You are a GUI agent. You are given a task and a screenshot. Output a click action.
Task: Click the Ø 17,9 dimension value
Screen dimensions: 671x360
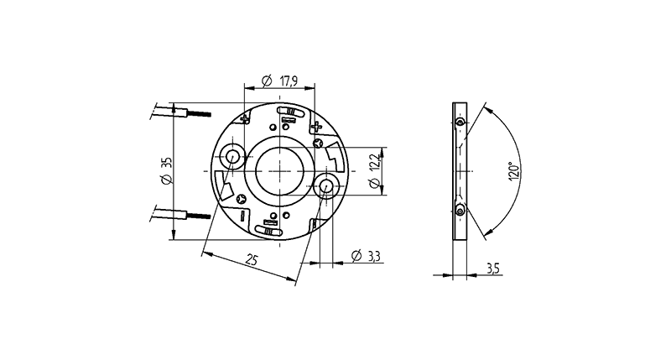coord(280,81)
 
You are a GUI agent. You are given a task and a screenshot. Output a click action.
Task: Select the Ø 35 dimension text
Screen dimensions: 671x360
coord(167,171)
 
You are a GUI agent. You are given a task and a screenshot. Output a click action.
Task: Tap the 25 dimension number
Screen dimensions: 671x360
coord(252,259)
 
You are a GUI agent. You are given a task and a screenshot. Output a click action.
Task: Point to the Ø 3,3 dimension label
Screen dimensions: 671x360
coord(366,256)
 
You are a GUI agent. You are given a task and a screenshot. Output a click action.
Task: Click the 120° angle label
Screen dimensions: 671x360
coord(514,172)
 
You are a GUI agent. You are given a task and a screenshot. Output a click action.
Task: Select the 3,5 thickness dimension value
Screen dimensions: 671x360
coord(492,269)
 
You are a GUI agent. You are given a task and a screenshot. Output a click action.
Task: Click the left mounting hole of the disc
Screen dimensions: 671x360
coord(233,156)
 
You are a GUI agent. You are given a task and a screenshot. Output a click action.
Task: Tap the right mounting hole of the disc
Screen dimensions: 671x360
coord(326,186)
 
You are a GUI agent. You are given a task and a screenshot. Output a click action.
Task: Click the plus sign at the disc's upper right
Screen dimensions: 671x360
coord(316,126)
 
